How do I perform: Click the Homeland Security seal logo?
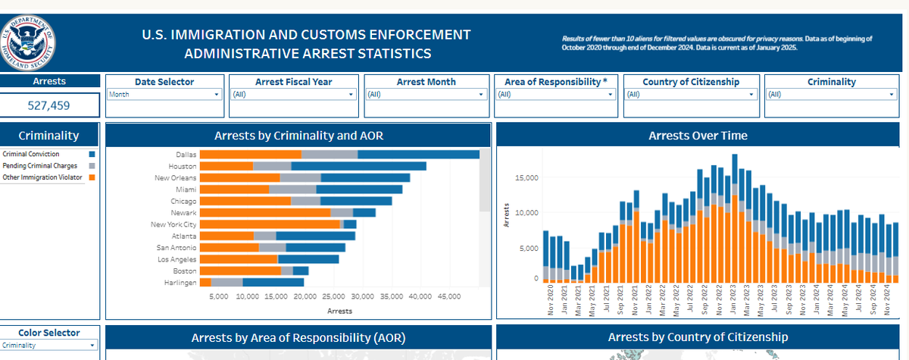click(28, 39)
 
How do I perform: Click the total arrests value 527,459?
click(50, 105)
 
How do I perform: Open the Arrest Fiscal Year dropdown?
click(292, 95)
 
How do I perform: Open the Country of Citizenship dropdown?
click(691, 95)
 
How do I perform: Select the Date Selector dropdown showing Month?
click(164, 95)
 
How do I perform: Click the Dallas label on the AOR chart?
click(186, 155)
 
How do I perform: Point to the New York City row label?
click(173, 224)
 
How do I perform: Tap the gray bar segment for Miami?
click(292, 189)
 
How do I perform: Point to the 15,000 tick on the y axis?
click(526, 178)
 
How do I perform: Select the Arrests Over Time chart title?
click(698, 136)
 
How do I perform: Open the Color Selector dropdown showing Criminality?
click(50, 346)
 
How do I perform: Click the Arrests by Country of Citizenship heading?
click(698, 337)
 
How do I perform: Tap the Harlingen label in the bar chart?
click(180, 283)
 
